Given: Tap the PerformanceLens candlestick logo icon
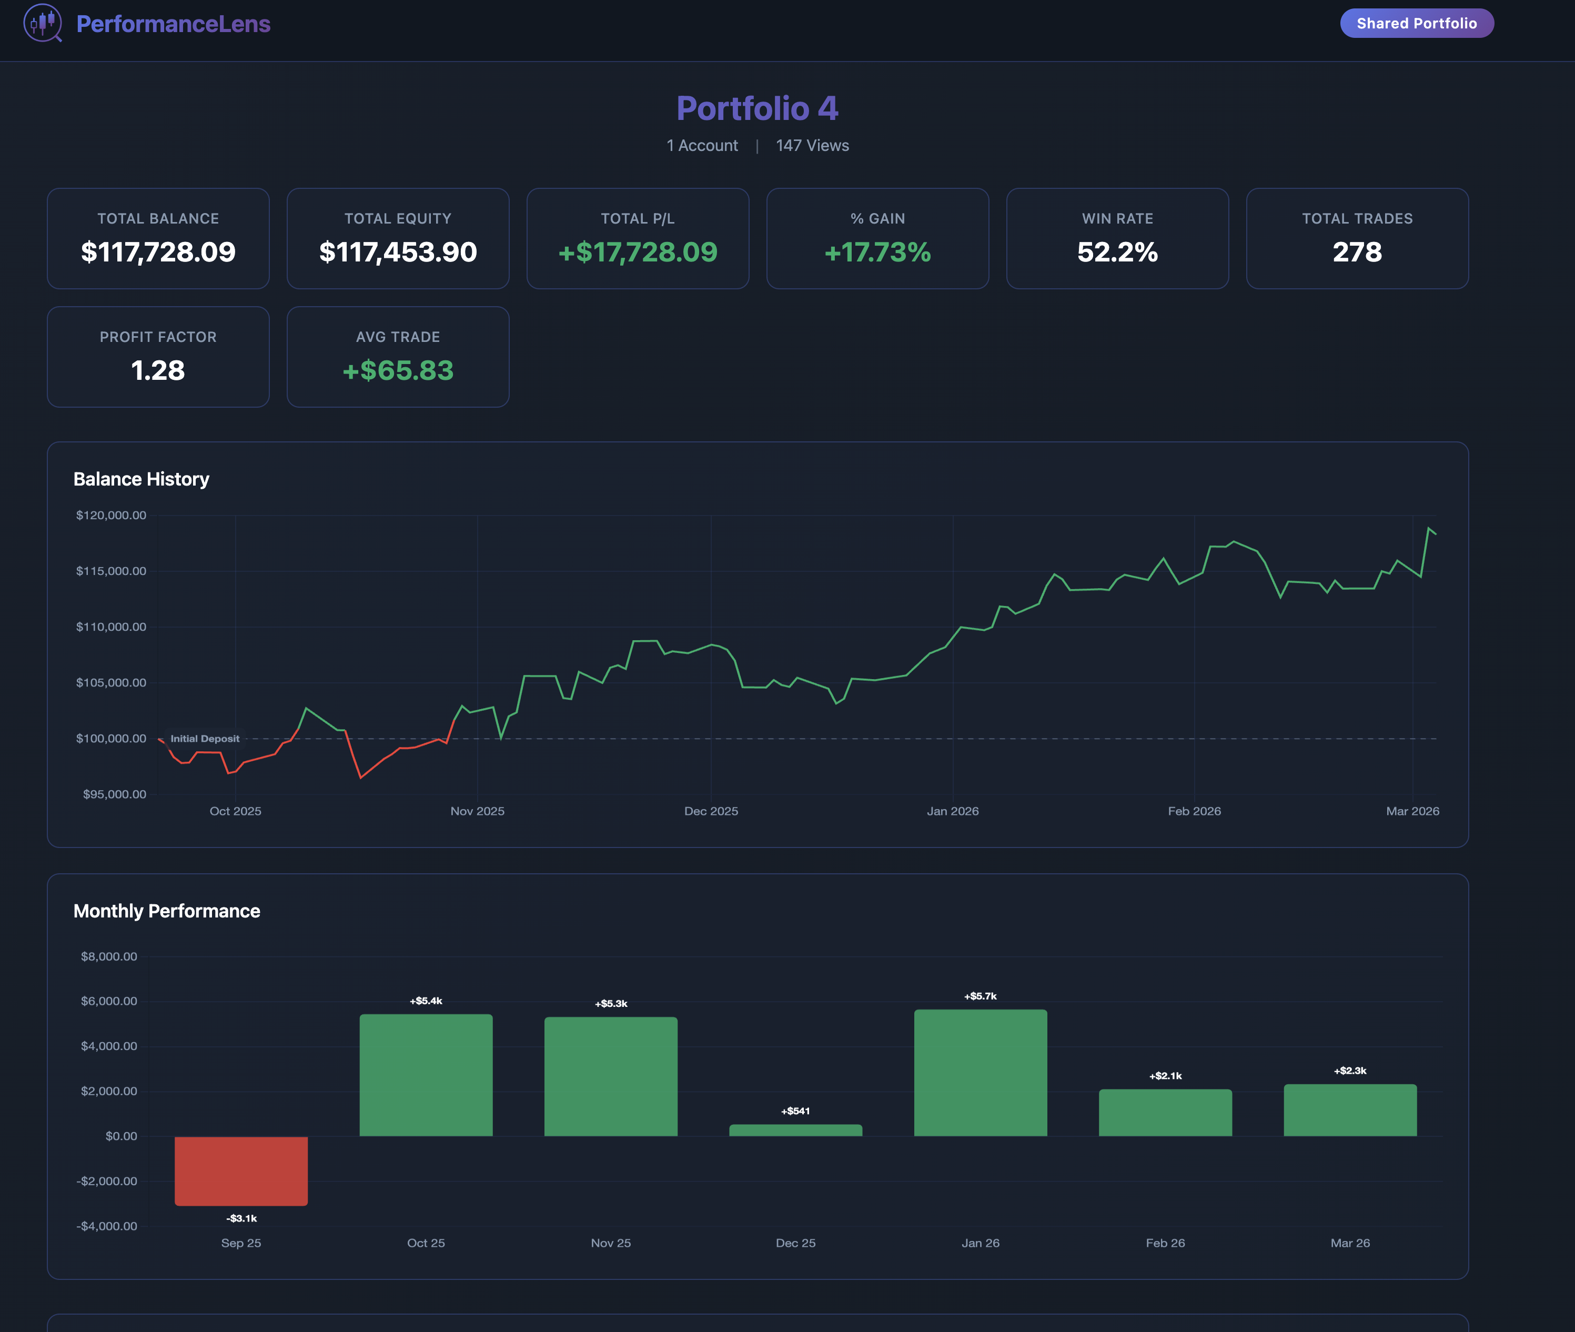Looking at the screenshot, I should coord(42,23).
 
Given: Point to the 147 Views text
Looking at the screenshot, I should coord(812,146).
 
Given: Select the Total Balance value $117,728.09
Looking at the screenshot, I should coord(158,252).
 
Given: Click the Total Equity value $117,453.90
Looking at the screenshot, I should coord(398,252).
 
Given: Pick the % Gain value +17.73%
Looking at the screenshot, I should coord(877,252).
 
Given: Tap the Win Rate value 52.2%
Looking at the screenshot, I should coord(1117,252).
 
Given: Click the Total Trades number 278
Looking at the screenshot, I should coord(1357,252).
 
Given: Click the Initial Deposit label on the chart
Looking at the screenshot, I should coord(205,739).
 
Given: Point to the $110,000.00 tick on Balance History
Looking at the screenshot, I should coord(111,627).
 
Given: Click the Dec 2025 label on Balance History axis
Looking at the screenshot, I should coord(711,811).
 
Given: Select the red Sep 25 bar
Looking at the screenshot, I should coord(241,1170).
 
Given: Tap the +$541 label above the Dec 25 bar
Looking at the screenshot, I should coord(795,1111).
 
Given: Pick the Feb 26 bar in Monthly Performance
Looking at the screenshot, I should coord(1165,1112).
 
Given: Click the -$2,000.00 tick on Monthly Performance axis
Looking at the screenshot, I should coord(106,1181).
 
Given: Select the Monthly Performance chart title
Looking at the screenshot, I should coord(166,911).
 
